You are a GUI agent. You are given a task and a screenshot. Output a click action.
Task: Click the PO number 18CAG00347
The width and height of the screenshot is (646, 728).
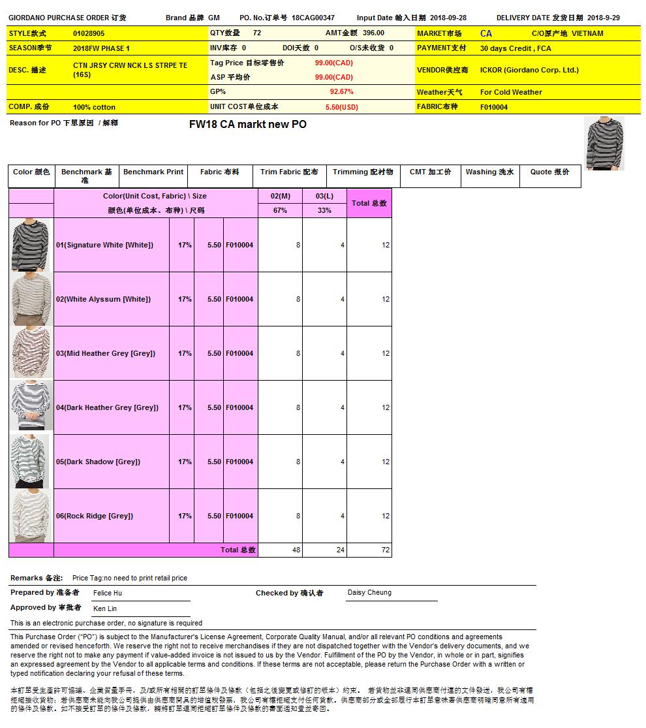(313, 18)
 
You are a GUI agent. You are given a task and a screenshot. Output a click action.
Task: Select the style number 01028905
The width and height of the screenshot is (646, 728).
(89, 33)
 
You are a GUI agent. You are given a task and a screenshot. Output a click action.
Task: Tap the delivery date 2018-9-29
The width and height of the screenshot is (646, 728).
(604, 18)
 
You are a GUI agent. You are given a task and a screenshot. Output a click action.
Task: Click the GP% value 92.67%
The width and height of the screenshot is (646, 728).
(342, 92)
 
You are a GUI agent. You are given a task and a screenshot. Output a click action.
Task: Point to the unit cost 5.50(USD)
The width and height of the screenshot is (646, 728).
(342, 107)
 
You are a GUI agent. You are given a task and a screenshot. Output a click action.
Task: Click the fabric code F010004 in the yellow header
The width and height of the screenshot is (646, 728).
(494, 107)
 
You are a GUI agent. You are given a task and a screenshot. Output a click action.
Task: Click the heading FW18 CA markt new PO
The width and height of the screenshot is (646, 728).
(247, 124)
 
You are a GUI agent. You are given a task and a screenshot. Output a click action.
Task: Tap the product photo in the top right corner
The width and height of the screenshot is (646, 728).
(604, 143)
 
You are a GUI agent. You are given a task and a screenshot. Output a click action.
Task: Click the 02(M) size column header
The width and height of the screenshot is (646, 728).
(280, 196)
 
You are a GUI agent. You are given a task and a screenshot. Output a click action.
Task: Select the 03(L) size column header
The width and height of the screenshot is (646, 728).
(324, 196)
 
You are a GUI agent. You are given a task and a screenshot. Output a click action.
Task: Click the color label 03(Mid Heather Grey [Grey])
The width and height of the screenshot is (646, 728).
(105, 353)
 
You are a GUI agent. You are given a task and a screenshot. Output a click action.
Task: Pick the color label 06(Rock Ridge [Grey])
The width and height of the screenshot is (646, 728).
(94, 516)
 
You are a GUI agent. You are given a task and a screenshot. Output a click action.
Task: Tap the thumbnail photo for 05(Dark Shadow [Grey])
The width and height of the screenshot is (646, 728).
(31, 462)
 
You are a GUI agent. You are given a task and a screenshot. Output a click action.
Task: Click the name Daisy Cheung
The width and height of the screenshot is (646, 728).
(369, 593)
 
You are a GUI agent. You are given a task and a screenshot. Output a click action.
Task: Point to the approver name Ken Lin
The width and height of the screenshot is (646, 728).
(105, 609)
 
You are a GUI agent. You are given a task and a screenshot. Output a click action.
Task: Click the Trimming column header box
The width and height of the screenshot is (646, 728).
(363, 172)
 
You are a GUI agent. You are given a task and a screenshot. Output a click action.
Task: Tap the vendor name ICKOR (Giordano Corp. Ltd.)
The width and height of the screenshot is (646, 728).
(529, 70)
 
